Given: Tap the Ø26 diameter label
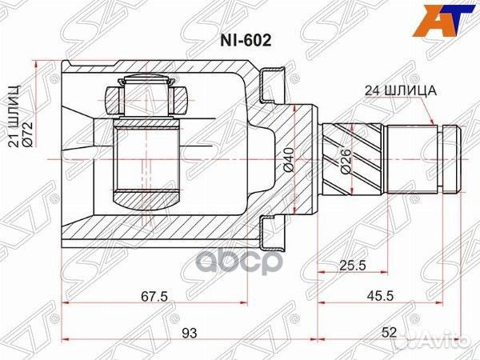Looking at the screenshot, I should pyautogui.click(x=345, y=161).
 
